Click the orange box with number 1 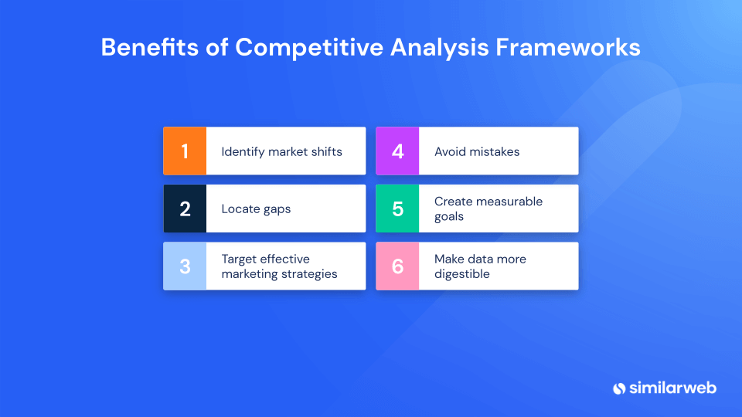point(185,151)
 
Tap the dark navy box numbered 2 point(185,208)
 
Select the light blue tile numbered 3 point(185,266)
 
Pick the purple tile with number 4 point(397,151)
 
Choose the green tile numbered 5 point(397,208)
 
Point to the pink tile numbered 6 point(397,266)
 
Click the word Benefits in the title point(149,47)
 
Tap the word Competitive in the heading point(309,48)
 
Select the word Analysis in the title point(439,48)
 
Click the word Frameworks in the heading point(568,47)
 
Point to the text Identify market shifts point(281,152)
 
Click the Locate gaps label point(256,209)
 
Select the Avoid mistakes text point(477,151)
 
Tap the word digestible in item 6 point(462,274)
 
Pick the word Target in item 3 point(240,259)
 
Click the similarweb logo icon point(619,388)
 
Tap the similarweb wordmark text point(672,388)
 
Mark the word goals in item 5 point(449,217)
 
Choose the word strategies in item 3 point(309,274)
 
